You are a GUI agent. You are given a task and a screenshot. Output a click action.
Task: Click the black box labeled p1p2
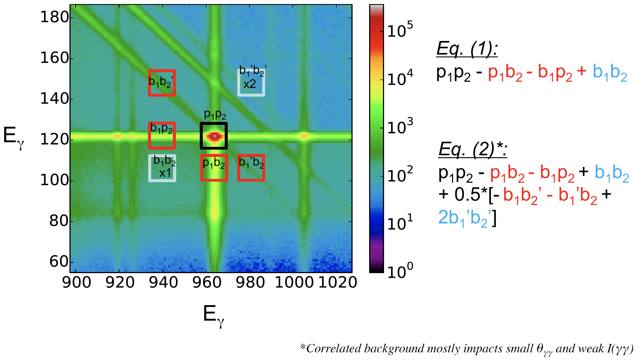pyautogui.click(x=214, y=135)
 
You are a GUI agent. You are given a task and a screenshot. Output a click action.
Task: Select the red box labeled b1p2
pyautogui.click(x=162, y=135)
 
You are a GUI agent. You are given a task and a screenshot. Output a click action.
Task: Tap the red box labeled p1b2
pyautogui.click(x=214, y=168)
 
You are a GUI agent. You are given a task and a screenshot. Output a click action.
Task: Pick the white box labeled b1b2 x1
pyautogui.click(x=162, y=168)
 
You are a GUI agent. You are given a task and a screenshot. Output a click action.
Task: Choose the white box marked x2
pyautogui.click(x=251, y=83)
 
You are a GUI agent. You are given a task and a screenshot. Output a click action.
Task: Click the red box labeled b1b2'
pyautogui.click(x=162, y=83)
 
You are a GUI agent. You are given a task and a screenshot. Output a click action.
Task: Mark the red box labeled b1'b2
pyautogui.click(x=251, y=168)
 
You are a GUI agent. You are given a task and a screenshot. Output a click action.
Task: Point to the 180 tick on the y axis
pyautogui.click(x=54, y=17)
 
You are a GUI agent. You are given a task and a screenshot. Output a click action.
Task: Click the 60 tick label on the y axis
pyautogui.click(x=59, y=262)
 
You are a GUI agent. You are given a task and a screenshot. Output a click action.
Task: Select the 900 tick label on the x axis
pyautogui.click(x=77, y=283)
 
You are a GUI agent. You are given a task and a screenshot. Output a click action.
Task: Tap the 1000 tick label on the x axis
pyautogui.click(x=294, y=283)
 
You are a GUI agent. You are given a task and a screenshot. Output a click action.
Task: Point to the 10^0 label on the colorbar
pyautogui.click(x=400, y=270)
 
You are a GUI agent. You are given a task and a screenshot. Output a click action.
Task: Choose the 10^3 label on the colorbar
pyautogui.click(x=400, y=126)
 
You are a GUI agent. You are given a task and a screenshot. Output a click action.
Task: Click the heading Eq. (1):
pyautogui.click(x=467, y=49)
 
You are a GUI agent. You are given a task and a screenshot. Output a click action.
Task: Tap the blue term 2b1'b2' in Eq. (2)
pyautogui.click(x=466, y=218)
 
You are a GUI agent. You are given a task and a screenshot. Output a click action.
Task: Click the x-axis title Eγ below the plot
pyautogui.click(x=213, y=314)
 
